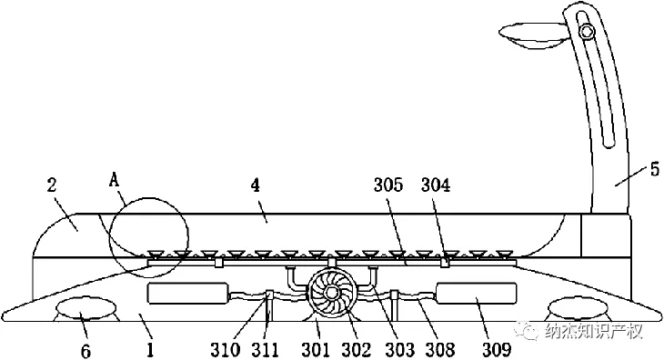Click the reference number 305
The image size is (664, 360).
[x=388, y=185]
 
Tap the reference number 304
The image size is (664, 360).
[x=436, y=185]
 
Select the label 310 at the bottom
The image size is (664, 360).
[x=226, y=350]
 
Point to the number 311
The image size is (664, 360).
[x=266, y=350]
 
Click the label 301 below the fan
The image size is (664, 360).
[x=316, y=350]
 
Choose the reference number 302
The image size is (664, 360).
[x=357, y=350]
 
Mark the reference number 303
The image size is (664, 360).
[x=399, y=350]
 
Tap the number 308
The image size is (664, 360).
[x=441, y=350]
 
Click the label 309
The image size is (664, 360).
[x=497, y=350]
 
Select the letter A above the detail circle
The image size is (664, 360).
[x=115, y=181]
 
